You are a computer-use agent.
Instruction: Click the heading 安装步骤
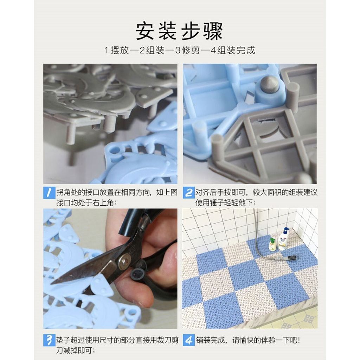click(179, 32)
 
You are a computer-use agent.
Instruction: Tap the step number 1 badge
click(49, 193)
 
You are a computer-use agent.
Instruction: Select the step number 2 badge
click(189, 193)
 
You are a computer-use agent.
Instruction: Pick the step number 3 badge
click(49, 340)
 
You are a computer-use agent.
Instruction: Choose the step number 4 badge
click(189, 340)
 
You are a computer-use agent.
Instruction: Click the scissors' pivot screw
click(124, 261)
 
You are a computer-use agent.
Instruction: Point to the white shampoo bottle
click(283, 239)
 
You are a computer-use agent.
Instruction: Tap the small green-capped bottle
click(272, 244)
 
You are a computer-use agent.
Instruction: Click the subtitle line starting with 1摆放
click(179, 50)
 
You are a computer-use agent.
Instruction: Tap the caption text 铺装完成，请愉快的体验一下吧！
click(247, 340)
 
